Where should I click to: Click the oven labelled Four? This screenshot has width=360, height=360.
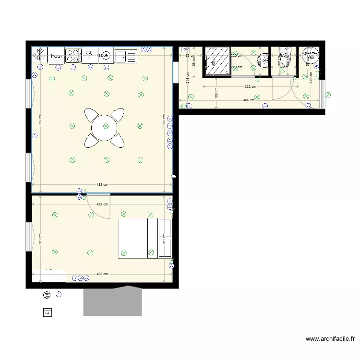click(x=56, y=56)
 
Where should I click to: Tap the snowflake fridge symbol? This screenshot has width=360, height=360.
click(x=39, y=56)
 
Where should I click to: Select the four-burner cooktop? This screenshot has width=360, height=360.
click(x=73, y=56)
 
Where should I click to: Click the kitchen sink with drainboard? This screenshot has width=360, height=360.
click(x=126, y=56)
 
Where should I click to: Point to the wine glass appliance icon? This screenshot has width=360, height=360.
click(x=89, y=56)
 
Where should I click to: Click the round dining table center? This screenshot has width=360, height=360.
click(x=106, y=127)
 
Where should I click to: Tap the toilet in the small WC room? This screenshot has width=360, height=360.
click(x=285, y=60)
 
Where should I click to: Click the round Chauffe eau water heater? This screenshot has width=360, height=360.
click(x=310, y=56)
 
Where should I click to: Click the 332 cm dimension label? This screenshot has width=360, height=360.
click(x=248, y=87)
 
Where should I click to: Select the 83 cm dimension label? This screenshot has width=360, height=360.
click(x=190, y=56)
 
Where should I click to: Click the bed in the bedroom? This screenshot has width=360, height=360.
click(x=138, y=239)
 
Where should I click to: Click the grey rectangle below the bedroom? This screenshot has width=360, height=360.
click(x=113, y=301)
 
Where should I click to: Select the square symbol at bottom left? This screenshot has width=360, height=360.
click(x=47, y=312)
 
